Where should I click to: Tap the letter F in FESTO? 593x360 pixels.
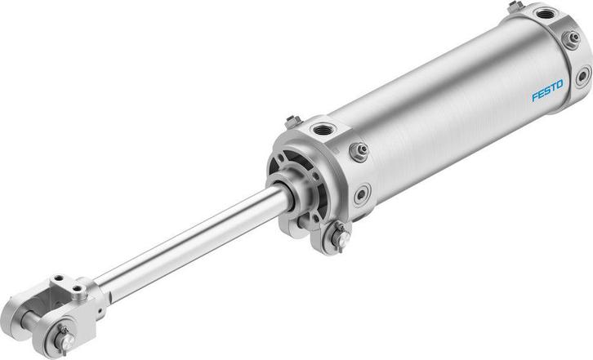(x=535, y=98)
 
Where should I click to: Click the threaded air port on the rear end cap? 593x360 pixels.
(x=545, y=14)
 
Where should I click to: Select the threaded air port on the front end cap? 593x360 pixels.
(x=323, y=129)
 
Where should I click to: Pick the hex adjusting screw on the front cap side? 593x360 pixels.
(x=357, y=152)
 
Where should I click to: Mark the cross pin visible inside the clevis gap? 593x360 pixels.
(x=36, y=314)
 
